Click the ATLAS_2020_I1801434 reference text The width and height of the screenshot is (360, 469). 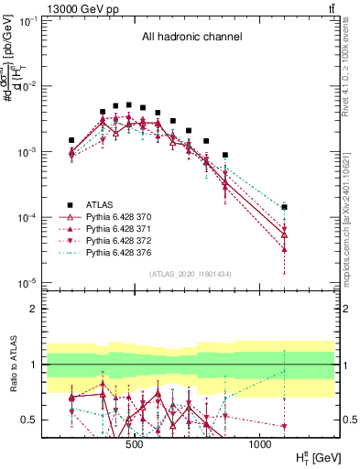point(191,274)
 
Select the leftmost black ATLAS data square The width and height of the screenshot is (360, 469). point(71,141)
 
